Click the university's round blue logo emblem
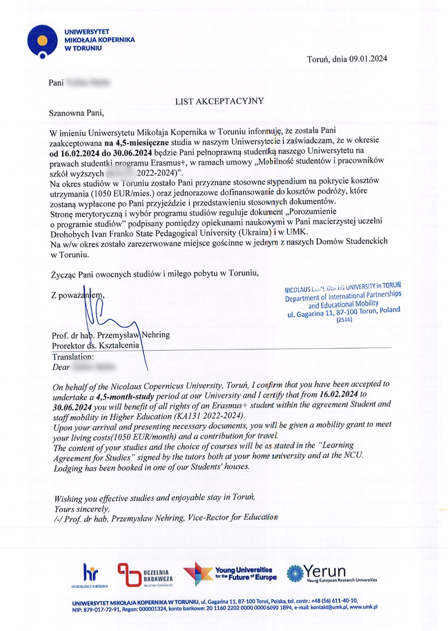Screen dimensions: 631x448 tap(42, 41)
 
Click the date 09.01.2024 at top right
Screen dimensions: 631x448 tap(368, 59)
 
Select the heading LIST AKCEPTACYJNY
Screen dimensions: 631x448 tap(219, 101)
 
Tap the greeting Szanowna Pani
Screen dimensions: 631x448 tap(76, 113)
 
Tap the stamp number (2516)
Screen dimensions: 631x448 tap(344, 319)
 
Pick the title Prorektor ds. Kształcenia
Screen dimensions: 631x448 tap(95, 345)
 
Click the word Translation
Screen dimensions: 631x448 tap(73, 357)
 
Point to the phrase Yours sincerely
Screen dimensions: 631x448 tap(82, 509)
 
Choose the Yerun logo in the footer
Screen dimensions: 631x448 tap(332, 573)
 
